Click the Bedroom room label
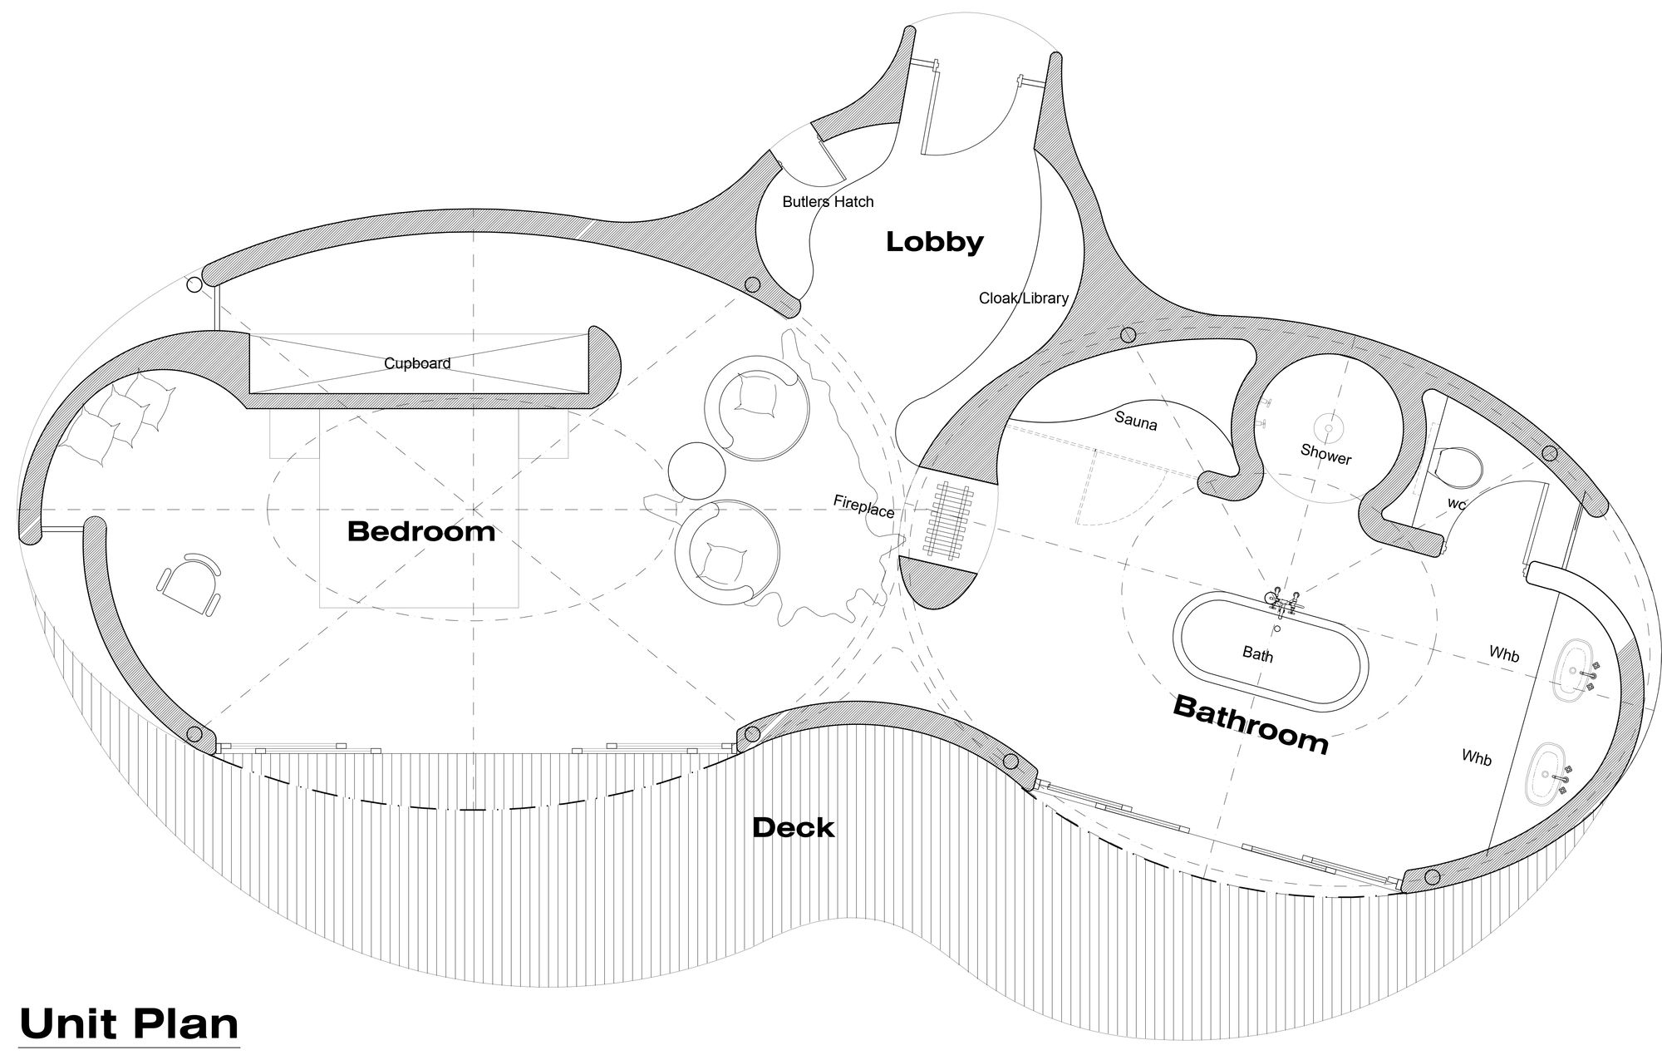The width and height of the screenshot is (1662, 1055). click(x=420, y=530)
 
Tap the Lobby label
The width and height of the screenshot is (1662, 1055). click(x=934, y=242)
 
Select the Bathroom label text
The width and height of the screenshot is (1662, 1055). click(x=1250, y=724)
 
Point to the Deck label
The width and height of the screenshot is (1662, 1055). click(x=793, y=827)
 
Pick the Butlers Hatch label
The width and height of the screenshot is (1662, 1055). click(x=828, y=202)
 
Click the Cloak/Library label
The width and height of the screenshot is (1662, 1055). click(x=1023, y=298)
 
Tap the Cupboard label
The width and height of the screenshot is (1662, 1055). click(x=417, y=363)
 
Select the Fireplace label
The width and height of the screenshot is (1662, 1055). click(x=863, y=505)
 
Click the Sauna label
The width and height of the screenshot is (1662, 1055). click(x=1135, y=421)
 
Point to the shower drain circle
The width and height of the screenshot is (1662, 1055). click(x=1327, y=428)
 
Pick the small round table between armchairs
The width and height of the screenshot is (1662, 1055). click(x=696, y=470)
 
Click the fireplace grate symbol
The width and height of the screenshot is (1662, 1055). click(x=948, y=522)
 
